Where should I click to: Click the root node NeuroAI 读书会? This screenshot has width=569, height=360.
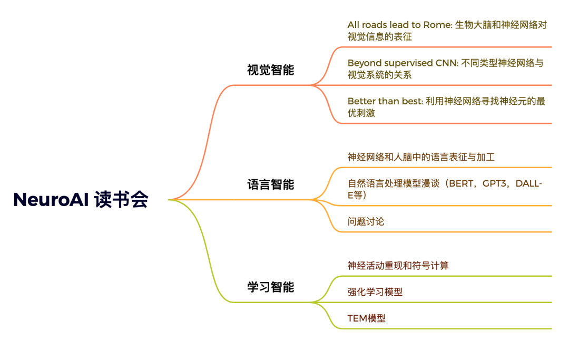pos(81,200)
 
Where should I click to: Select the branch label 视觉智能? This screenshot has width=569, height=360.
pos(270,70)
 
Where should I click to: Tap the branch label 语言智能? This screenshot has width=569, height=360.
pos(270,184)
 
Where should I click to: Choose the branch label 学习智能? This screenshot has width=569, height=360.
pos(270,287)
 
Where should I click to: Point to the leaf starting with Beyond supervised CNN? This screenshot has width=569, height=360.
pos(445,69)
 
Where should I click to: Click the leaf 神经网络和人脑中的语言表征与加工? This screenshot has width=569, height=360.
pos(421,157)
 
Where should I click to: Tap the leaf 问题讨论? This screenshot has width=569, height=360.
pos(366,221)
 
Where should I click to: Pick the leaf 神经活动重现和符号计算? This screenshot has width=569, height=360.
pos(398,266)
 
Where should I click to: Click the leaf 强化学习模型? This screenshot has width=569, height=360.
pos(375,292)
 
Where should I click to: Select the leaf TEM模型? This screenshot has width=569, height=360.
pos(366,318)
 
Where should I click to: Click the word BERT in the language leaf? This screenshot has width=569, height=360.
pos(461,184)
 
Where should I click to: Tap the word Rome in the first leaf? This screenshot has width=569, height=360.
pos(438,25)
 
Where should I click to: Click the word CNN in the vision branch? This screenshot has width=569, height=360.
pos(446,63)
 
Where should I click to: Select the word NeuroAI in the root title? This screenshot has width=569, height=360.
pos(51,200)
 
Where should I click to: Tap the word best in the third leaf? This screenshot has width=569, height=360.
pos(411,101)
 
